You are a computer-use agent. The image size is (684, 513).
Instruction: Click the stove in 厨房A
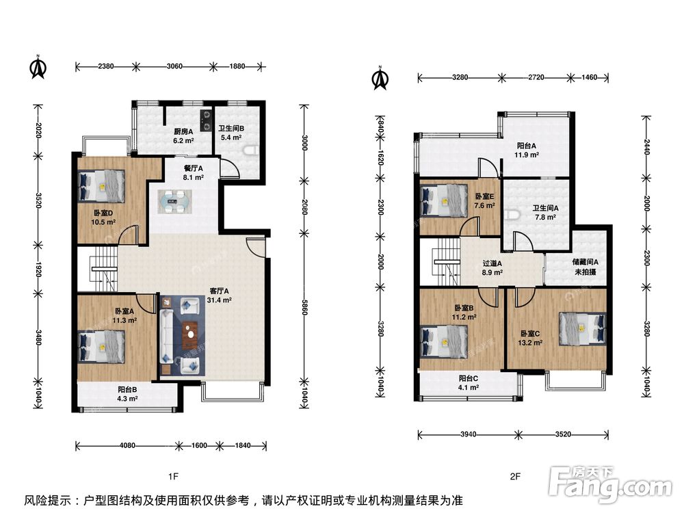206,120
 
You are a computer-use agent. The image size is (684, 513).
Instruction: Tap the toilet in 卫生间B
250,151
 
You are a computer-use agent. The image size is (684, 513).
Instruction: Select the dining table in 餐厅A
174,202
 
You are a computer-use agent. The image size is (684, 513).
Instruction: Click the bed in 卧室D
101,186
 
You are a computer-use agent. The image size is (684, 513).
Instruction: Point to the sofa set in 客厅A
181,335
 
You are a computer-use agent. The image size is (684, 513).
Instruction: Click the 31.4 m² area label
219,300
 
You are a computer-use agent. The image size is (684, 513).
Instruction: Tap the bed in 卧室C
583,329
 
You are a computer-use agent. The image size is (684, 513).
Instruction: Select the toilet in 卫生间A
512,215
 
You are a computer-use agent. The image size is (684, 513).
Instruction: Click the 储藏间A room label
585,262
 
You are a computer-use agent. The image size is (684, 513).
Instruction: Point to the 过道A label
492,263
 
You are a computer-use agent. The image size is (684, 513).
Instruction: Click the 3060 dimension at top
174,66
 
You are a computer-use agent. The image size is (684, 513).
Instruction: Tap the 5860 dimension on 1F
304,306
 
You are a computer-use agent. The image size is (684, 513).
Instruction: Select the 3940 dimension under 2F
468,434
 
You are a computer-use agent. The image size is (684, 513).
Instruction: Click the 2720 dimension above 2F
536,78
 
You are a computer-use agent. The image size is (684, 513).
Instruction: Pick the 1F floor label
173,476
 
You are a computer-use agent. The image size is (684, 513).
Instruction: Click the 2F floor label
515,476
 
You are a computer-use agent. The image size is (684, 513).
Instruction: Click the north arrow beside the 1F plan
38,67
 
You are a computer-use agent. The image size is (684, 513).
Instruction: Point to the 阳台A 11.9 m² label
527,150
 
